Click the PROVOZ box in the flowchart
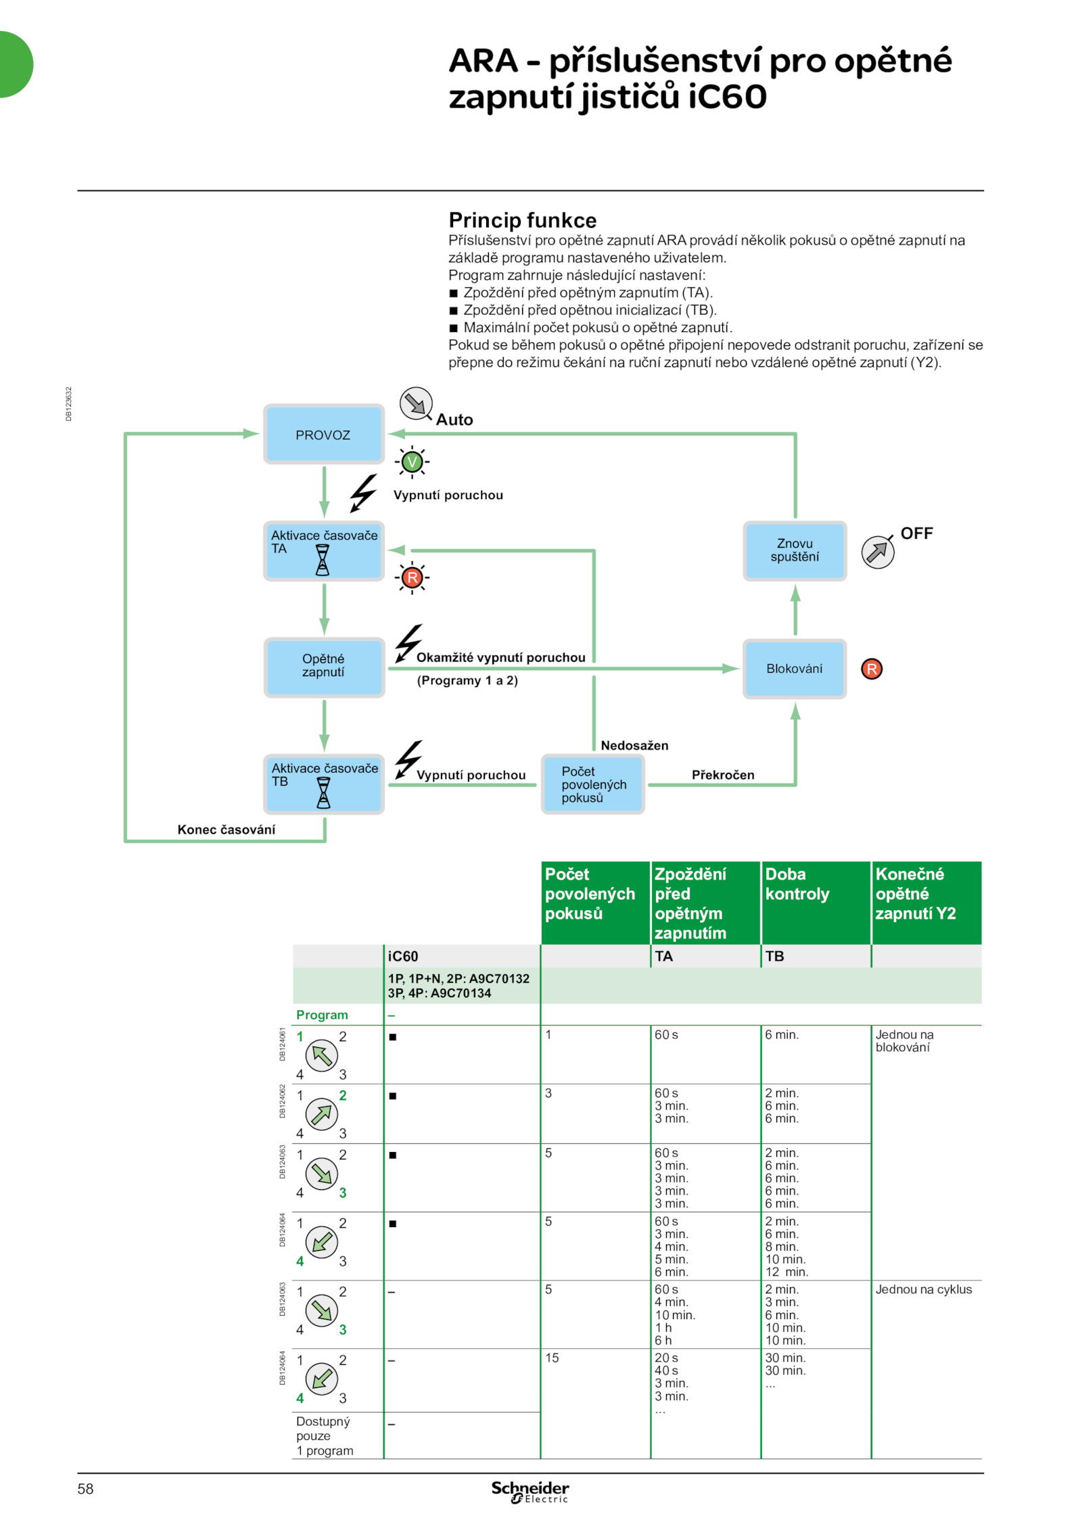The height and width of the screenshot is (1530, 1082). (323, 434)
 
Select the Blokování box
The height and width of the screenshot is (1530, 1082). (794, 668)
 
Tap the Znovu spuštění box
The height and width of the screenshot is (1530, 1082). (794, 550)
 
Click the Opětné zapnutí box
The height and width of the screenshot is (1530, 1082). (324, 667)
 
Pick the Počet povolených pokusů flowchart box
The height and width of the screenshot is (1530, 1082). (592, 784)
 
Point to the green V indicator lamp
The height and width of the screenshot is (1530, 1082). (412, 462)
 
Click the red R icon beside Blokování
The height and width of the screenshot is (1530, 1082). (871, 668)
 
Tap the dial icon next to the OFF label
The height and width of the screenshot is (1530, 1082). (877, 551)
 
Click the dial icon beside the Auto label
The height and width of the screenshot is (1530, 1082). (416, 404)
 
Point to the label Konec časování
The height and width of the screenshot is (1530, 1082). (226, 829)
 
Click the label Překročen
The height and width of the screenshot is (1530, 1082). (722, 774)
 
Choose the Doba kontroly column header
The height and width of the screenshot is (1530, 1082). (815, 902)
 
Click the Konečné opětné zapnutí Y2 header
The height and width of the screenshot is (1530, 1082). (926, 902)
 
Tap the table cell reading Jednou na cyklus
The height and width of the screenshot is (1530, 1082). (923, 1289)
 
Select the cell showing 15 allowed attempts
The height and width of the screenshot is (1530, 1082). (552, 1357)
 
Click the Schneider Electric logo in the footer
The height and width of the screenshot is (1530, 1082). (530, 1491)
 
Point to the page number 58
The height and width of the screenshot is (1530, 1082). (85, 1488)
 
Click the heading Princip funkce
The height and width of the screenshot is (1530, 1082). (522, 220)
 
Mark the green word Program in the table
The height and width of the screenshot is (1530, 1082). (322, 1014)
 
